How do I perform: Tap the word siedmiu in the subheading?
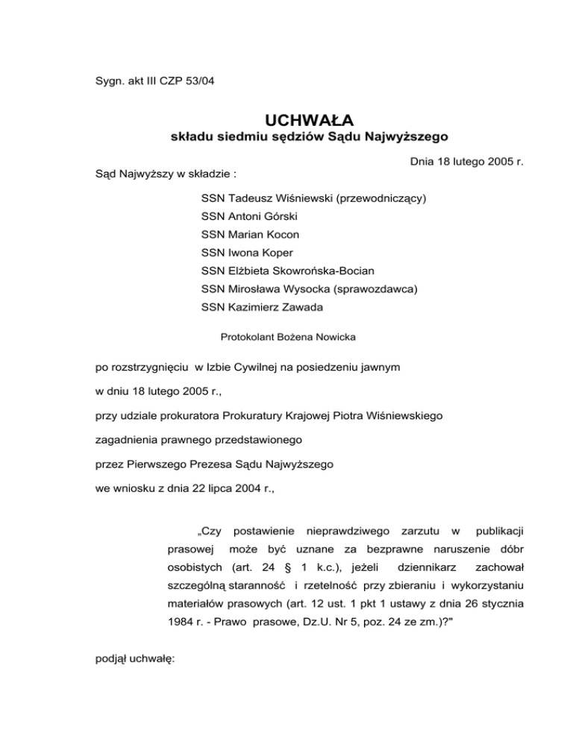click(x=247, y=138)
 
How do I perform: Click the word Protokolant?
click(x=248, y=337)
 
